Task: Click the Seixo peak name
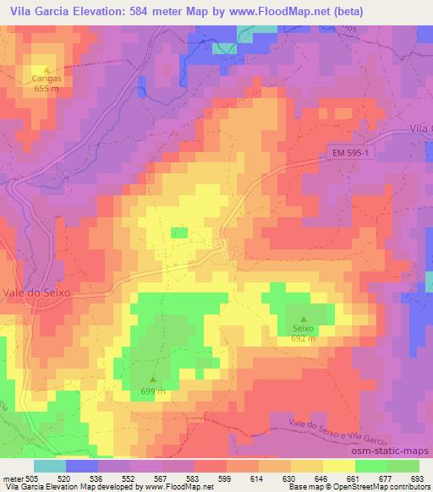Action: tap(303, 328)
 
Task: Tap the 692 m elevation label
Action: tap(303, 338)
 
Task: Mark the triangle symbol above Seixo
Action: tap(303, 319)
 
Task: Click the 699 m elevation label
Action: tap(153, 391)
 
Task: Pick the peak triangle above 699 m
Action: tap(153, 380)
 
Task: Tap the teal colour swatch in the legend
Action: tap(49, 466)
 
